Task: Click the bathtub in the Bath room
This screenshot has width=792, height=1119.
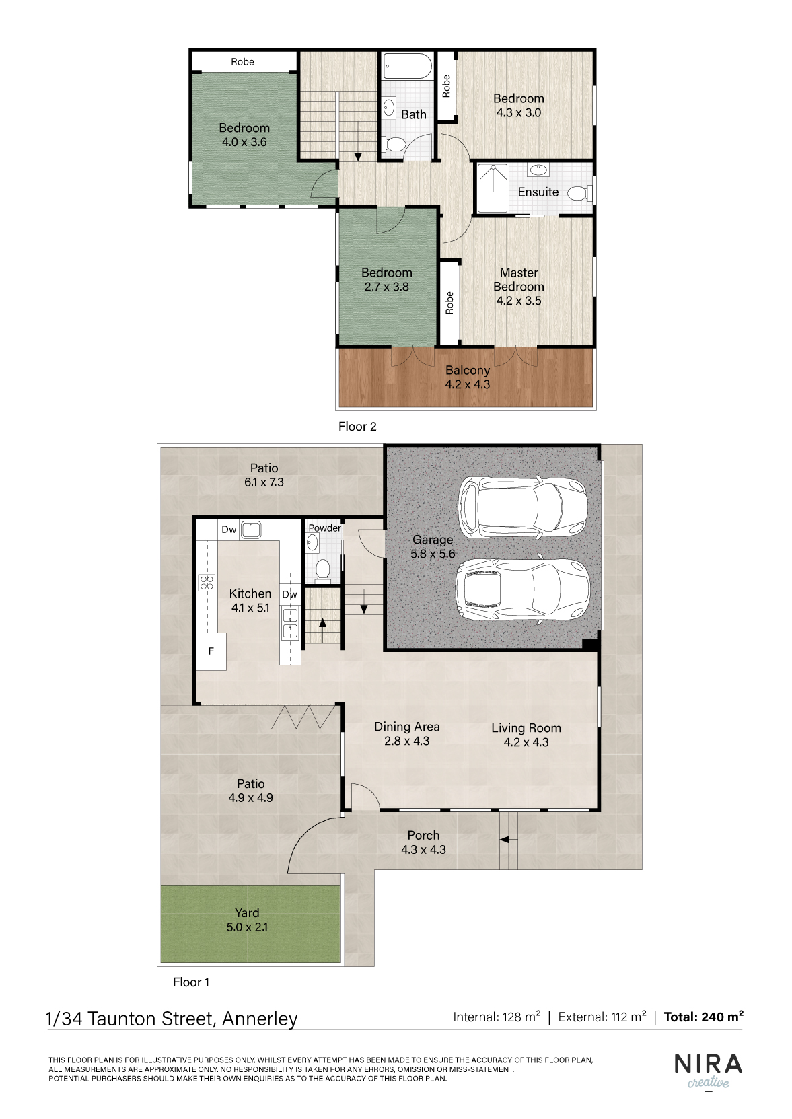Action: coord(407,66)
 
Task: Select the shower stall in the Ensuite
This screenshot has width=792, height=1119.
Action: coord(493,188)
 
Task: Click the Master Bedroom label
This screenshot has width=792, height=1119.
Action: coord(519,280)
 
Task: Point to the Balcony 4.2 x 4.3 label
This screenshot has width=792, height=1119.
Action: coord(468,377)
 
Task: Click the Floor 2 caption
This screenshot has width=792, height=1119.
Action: coord(357,426)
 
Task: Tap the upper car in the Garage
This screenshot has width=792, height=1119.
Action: coord(523,506)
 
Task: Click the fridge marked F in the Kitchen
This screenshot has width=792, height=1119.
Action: coord(211,651)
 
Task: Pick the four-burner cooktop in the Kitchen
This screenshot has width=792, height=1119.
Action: coord(207,583)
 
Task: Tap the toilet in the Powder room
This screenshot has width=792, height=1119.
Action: coord(323,571)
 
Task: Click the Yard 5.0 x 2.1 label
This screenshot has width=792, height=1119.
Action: coord(247,920)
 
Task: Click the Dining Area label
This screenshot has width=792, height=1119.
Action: coord(406,727)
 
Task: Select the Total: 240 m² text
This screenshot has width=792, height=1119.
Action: coord(704,1017)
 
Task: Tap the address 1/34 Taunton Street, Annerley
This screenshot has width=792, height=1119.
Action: coord(172,1018)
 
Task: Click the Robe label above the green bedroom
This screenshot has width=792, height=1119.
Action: coord(242,61)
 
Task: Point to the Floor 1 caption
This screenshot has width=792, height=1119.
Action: coord(191,982)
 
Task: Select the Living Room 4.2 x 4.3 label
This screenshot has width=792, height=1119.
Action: coord(526,735)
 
